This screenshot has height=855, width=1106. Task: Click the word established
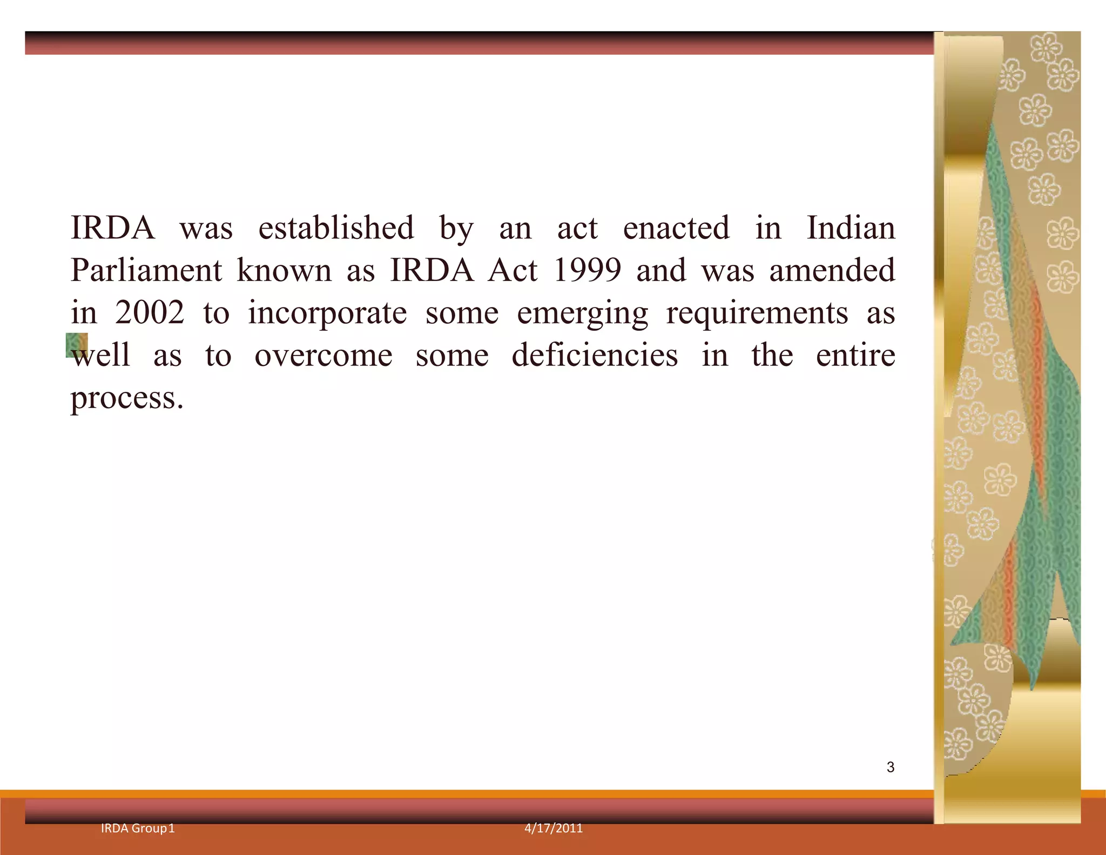click(x=336, y=228)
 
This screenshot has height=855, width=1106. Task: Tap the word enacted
click(x=676, y=228)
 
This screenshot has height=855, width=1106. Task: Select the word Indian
click(x=851, y=228)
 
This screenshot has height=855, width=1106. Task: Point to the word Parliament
click(x=146, y=270)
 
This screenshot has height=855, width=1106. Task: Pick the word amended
click(x=832, y=270)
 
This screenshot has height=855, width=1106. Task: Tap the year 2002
click(x=150, y=313)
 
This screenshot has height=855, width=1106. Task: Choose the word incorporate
click(x=327, y=313)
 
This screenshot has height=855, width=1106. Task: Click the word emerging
click(x=582, y=314)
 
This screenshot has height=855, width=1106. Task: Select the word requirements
click(x=757, y=314)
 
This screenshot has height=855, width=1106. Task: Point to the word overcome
click(x=323, y=356)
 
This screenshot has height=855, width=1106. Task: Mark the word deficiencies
click(x=595, y=356)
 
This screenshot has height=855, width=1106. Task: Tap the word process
click(x=127, y=399)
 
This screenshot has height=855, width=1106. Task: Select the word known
click(x=284, y=270)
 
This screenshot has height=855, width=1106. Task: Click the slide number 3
click(x=891, y=767)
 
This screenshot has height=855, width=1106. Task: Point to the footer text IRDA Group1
click(x=138, y=829)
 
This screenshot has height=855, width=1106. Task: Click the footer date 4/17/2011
click(x=554, y=829)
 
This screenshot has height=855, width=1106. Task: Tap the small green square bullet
click(x=77, y=345)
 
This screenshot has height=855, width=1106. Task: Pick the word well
click(x=102, y=356)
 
